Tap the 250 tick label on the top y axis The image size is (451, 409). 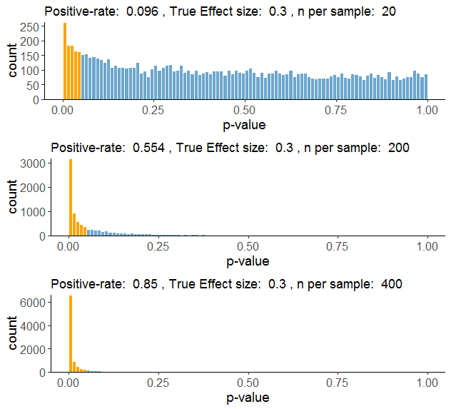29,26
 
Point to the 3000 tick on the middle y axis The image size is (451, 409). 26,163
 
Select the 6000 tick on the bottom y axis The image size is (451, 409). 26,302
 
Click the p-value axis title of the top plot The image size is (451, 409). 246,125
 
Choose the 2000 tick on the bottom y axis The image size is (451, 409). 26,349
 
